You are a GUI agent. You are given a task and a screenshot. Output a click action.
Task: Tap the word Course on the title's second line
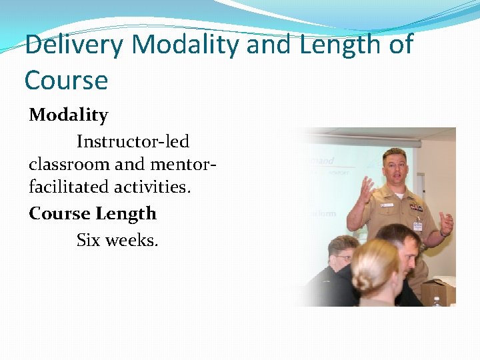(66, 80)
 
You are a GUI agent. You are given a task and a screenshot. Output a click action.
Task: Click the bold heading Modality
(68, 115)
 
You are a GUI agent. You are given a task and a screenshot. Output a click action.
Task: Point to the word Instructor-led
(133, 141)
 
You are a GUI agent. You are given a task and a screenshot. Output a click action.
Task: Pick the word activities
(153, 187)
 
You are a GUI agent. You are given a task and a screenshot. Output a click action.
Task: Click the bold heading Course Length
(93, 213)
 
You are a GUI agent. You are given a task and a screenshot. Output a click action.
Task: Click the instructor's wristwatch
(442, 233)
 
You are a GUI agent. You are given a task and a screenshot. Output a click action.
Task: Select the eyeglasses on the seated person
(344, 258)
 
